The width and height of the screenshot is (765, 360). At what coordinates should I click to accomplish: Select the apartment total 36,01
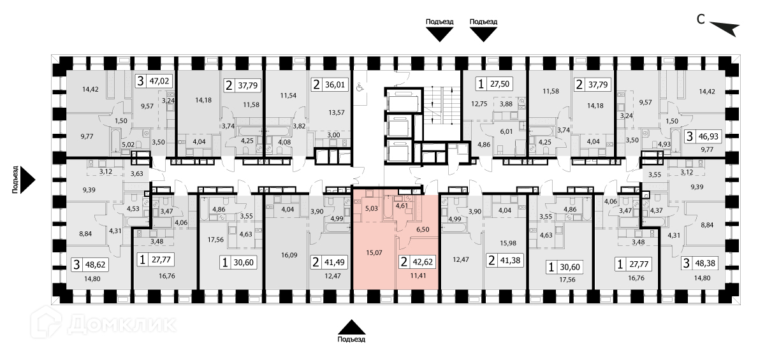(x=336, y=83)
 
